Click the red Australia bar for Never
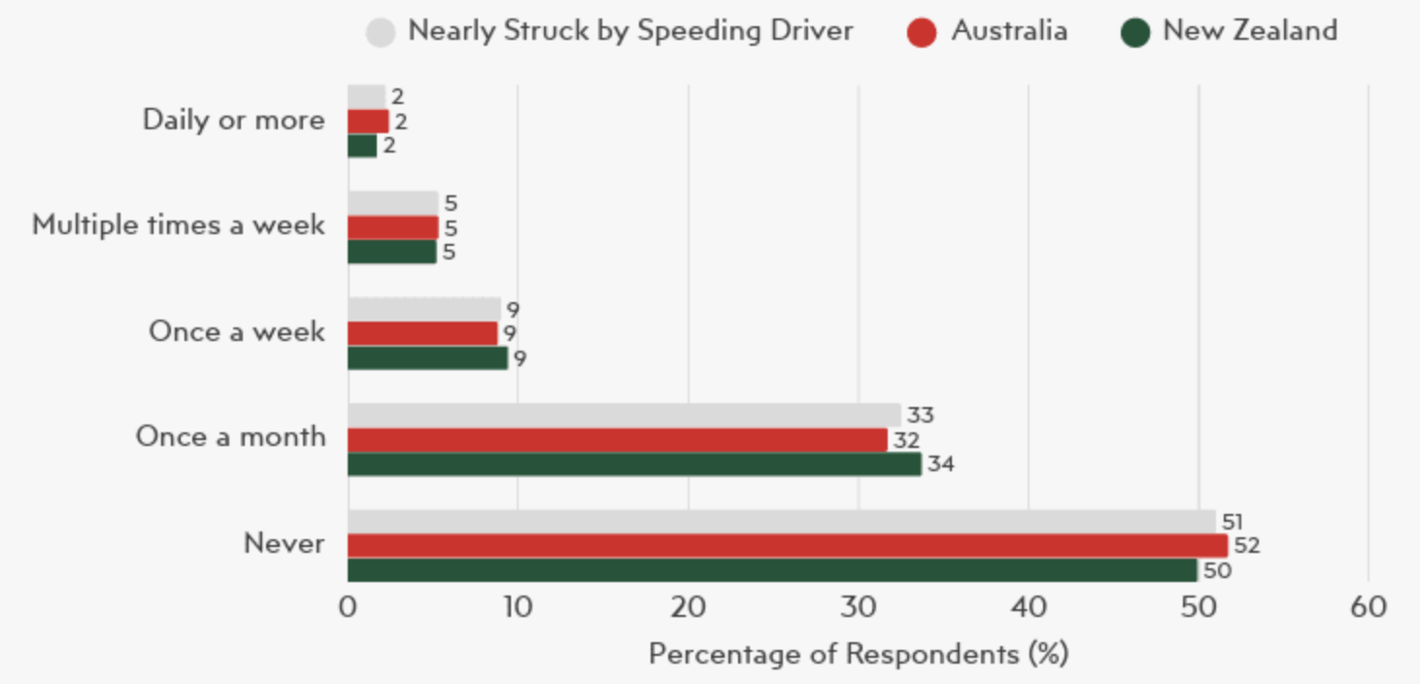[787, 546]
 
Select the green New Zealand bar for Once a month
[634, 464]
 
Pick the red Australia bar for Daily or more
[368, 121]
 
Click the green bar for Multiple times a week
[392, 253]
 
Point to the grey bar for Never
[781, 522]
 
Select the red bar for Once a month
[618, 440]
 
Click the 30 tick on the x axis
[858, 608]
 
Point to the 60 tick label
[1368, 608]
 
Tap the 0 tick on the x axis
[348, 608]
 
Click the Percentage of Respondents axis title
[858, 653]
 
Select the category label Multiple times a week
[179, 225]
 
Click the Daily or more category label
[233, 120]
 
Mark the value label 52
[1246, 546]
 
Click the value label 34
[940, 464]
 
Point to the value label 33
[920, 416]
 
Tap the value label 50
[1216, 570]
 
